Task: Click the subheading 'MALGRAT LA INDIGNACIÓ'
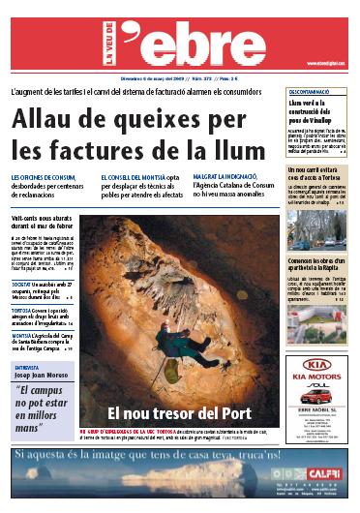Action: (228, 178)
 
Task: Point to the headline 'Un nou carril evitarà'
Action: (320, 170)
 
